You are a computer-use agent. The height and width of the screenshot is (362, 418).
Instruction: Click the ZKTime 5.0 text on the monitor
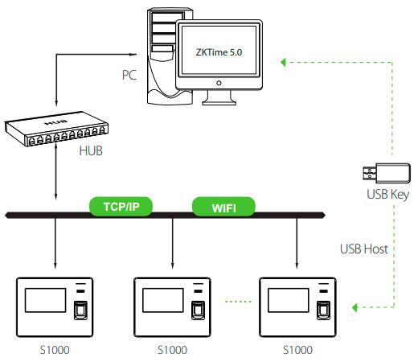(219, 52)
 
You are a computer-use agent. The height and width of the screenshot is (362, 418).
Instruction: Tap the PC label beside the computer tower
(129, 75)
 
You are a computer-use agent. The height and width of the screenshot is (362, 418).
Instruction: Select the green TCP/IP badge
(121, 207)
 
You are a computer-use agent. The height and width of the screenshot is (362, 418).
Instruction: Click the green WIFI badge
(223, 207)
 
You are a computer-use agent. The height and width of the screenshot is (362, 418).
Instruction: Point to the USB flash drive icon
(387, 173)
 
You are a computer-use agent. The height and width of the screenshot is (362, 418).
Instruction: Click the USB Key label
(387, 194)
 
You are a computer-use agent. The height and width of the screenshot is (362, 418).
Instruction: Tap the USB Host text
(364, 249)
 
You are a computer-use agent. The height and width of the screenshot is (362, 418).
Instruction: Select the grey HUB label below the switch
(91, 150)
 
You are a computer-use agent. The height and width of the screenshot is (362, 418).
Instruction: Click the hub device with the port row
(56, 129)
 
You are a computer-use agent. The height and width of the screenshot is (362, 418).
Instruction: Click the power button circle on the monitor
(219, 83)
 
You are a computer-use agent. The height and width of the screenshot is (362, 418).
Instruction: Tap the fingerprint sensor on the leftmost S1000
(80, 311)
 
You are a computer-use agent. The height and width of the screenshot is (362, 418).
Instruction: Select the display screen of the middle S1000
(163, 300)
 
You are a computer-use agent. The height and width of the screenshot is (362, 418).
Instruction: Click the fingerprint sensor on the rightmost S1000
(323, 311)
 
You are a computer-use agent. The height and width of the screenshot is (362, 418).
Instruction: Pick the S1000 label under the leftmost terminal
(55, 350)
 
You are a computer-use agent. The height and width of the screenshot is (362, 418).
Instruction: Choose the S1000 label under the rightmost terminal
(297, 350)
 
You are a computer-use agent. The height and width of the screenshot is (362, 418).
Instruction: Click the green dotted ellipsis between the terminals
(238, 302)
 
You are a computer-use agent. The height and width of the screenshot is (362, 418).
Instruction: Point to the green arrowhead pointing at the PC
(284, 63)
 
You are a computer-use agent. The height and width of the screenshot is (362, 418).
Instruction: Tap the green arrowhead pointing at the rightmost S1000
(355, 307)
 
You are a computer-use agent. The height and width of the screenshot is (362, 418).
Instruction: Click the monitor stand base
(219, 102)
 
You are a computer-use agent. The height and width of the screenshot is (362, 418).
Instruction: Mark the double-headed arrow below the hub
(55, 171)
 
